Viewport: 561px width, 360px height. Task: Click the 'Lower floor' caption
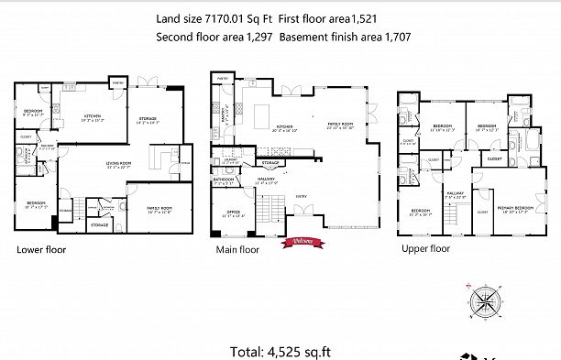coord(41,248)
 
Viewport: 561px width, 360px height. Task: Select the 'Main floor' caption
coord(237,249)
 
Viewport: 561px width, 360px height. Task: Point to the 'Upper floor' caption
coord(425,248)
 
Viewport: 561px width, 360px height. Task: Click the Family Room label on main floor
coord(341,126)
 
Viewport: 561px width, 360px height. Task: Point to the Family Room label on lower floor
coord(159,209)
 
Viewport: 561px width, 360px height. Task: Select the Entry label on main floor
coord(301,195)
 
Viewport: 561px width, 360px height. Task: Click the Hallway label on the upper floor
coord(456,194)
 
